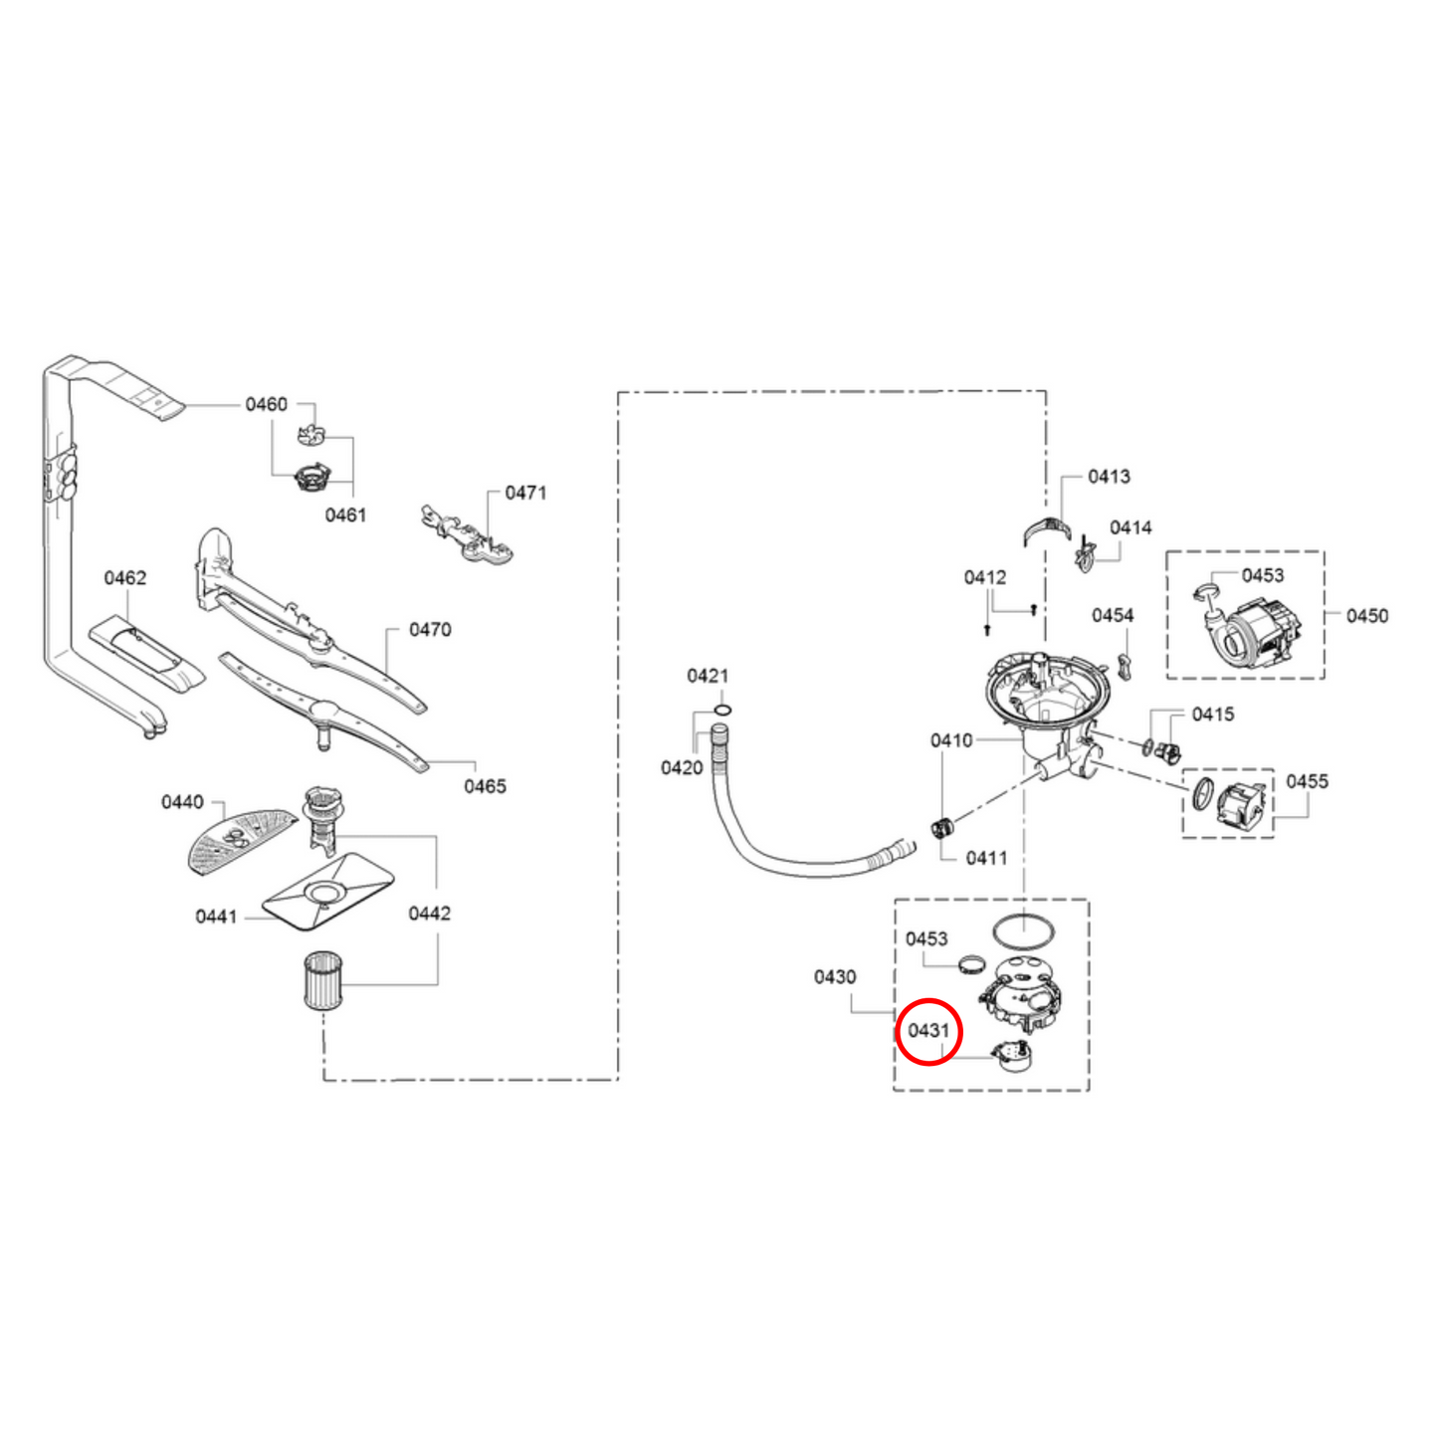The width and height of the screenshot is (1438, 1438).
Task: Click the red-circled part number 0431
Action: [928, 1030]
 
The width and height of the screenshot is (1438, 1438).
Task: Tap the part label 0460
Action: [266, 404]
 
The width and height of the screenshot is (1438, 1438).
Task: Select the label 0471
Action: [525, 493]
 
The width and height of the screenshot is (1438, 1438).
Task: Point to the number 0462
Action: [125, 578]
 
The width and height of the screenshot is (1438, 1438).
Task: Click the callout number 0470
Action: [430, 630]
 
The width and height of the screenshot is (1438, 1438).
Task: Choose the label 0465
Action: [485, 786]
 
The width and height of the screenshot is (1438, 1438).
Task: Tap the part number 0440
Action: [182, 802]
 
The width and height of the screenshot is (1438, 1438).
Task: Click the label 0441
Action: [216, 917]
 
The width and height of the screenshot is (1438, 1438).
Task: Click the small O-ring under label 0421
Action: [723, 710]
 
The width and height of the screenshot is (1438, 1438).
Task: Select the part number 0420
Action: [682, 767]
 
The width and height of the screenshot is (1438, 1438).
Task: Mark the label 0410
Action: [951, 740]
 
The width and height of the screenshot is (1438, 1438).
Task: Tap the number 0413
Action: [1109, 477]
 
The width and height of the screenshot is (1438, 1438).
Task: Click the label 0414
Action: [1130, 527]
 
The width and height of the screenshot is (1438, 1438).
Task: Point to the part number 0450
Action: [1367, 616]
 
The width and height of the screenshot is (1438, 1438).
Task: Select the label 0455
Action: [1307, 781]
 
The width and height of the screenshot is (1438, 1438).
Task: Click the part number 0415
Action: [1213, 715]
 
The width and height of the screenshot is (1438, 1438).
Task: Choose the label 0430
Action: [835, 977]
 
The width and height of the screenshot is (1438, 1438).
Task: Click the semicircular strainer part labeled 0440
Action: [242, 839]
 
